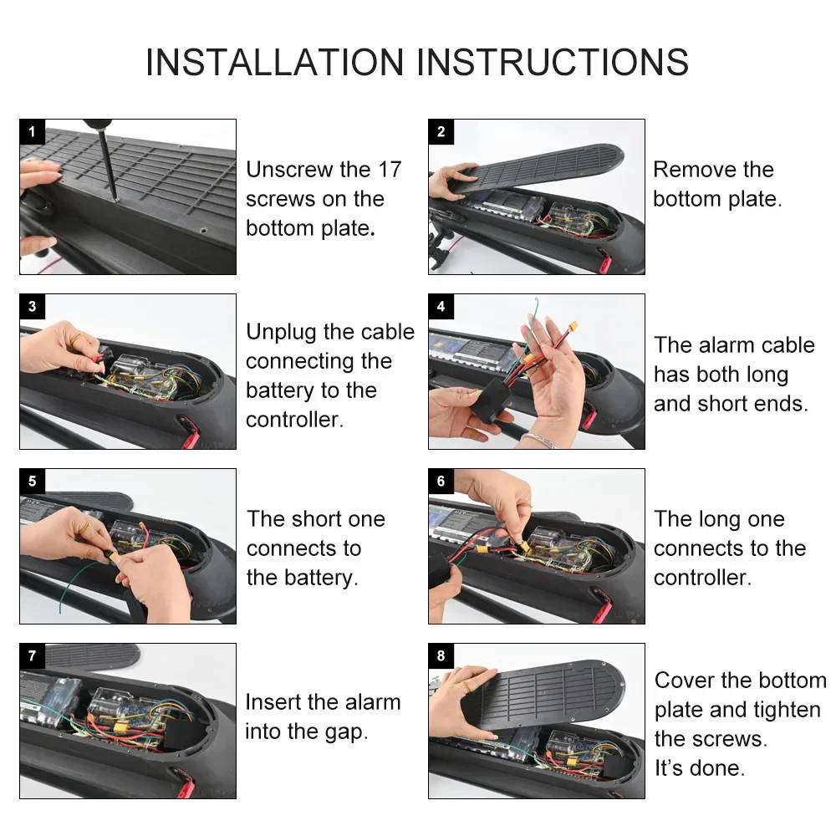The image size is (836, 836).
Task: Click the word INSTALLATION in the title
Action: tap(274, 63)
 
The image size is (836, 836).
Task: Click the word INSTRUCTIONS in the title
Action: tap(553, 63)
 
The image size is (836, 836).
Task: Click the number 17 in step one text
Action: tap(390, 170)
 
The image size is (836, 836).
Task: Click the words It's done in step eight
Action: tap(699, 767)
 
